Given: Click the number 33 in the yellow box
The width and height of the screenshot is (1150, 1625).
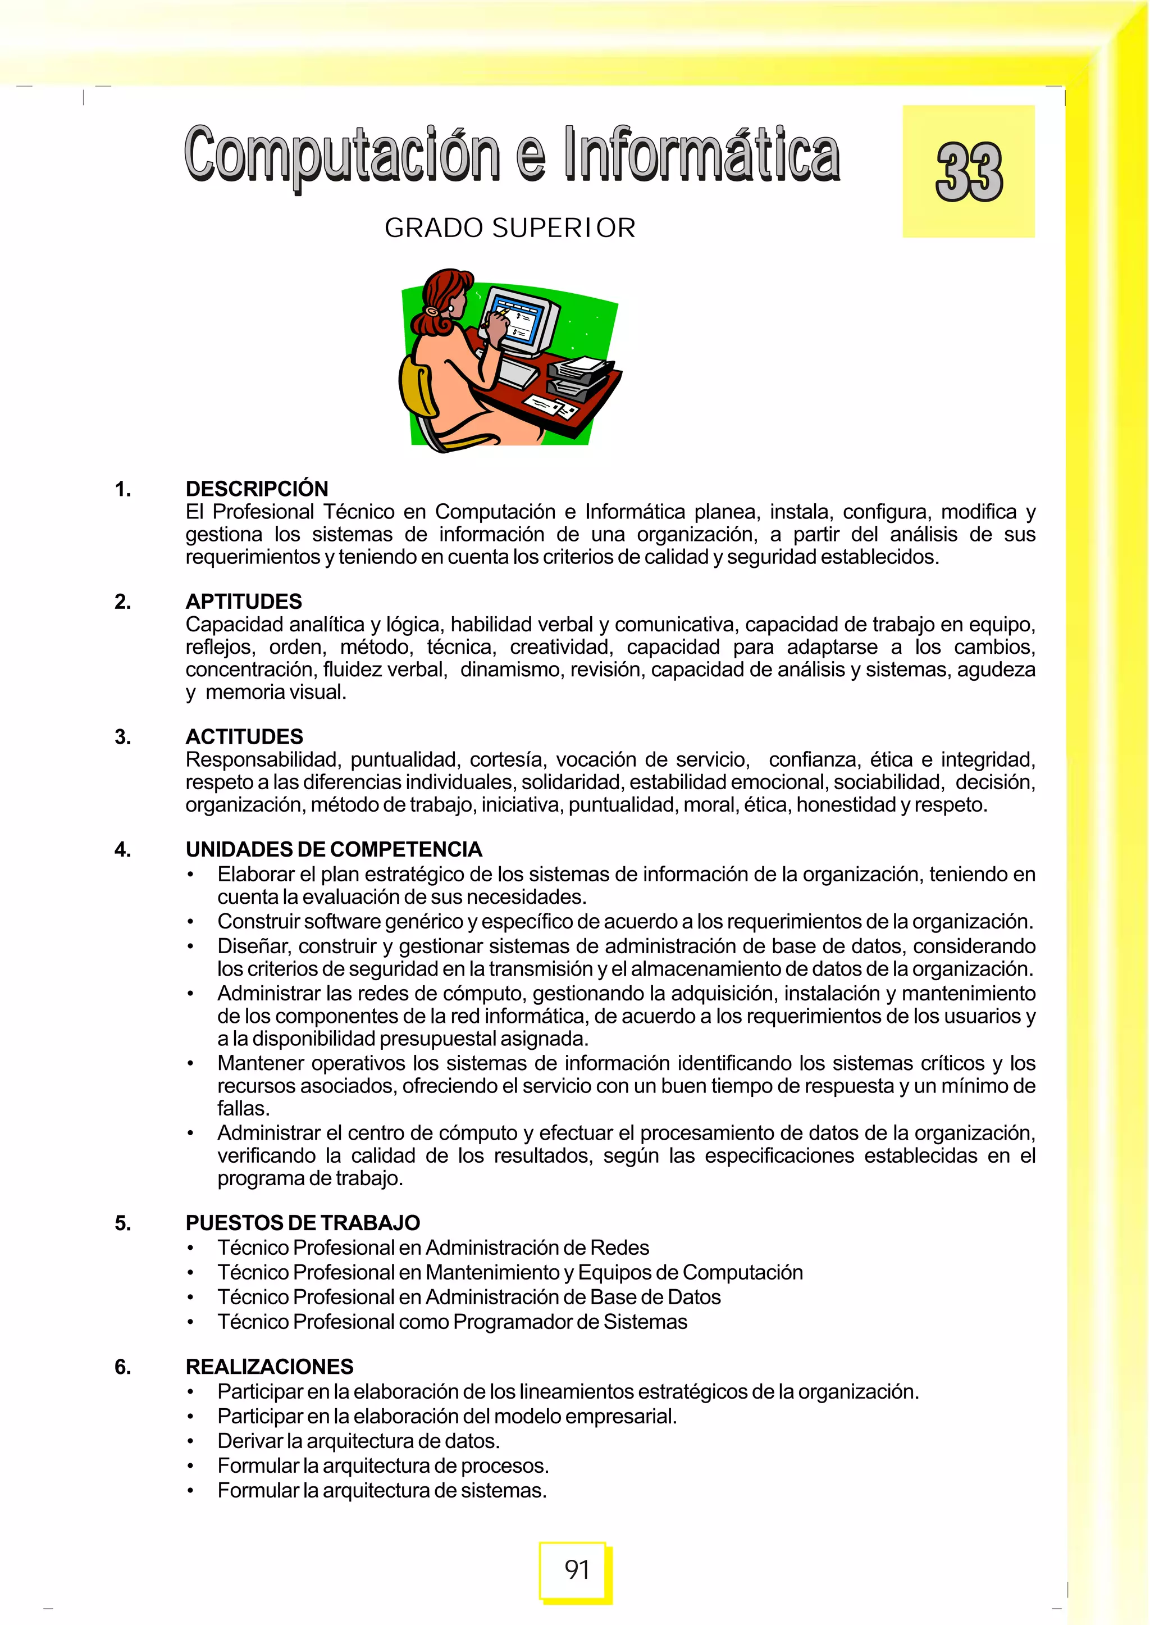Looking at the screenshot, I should coord(969,172).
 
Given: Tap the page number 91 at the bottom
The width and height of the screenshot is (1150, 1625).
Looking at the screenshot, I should coord(577,1570).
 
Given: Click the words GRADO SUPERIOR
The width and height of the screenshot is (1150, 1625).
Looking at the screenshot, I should coord(510,228).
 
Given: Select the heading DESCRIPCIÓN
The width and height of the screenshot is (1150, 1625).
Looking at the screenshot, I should coord(257,489).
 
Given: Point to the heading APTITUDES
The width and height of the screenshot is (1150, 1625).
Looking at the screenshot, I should coord(244,602).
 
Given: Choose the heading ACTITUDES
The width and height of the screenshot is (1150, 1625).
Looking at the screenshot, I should coord(244,737).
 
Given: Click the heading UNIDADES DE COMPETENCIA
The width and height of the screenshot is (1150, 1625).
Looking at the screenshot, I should coord(334,849).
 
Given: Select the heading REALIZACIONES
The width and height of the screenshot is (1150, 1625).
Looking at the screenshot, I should coord(269,1367).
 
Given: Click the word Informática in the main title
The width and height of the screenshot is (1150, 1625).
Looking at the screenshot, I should coord(701,154).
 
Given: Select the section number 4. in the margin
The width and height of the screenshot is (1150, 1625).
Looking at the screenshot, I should coord(122,849).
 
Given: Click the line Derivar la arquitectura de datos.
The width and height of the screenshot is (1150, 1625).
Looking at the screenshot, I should coord(358,1441).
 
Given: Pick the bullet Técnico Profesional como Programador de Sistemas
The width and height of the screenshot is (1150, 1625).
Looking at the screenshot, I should coord(452,1322).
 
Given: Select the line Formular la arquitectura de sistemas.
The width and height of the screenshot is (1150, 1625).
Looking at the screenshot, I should coord(382,1490).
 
